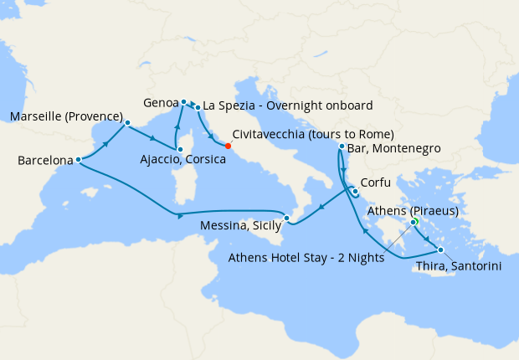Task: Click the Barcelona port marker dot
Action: click(x=78, y=159)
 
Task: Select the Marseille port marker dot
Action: click(x=127, y=122)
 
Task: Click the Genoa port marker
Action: click(x=183, y=102)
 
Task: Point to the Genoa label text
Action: click(x=160, y=102)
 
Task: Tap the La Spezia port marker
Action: click(x=197, y=107)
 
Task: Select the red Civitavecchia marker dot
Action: click(x=229, y=146)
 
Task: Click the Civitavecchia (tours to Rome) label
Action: click(x=313, y=134)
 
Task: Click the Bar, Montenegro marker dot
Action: click(x=342, y=147)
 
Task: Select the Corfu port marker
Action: click(x=355, y=191)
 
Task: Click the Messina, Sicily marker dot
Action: click(x=286, y=219)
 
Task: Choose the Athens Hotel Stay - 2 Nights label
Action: click(x=306, y=258)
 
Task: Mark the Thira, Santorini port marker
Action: click(x=440, y=249)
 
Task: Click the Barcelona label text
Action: click(x=44, y=159)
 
